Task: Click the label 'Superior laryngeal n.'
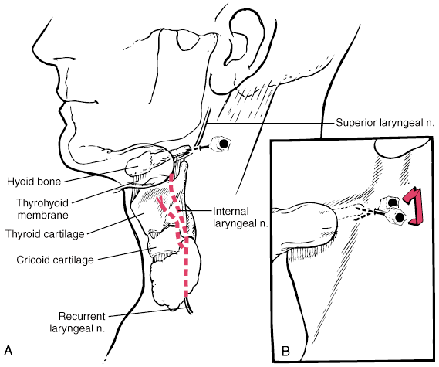(386, 123)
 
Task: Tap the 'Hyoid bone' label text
(34, 182)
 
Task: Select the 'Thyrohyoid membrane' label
(42, 209)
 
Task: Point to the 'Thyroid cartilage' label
(45, 234)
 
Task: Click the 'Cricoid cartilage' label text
(55, 260)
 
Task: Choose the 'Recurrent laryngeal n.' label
(78, 322)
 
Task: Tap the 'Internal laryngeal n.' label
(241, 218)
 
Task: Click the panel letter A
(8, 350)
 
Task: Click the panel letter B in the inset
(285, 351)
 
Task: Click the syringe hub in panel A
(222, 144)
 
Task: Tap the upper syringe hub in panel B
(389, 202)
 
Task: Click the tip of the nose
(34, 49)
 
